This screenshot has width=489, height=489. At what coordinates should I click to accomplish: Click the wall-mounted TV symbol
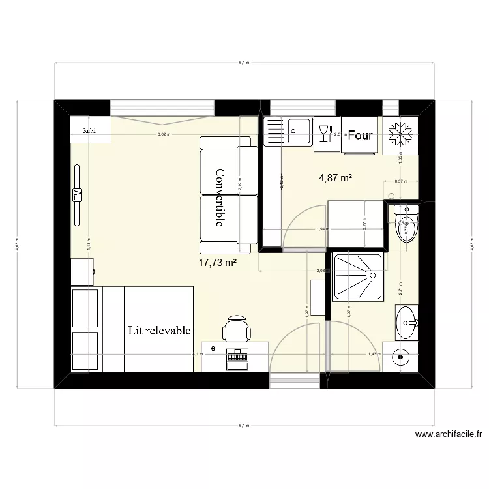pyautogui.click(x=78, y=195)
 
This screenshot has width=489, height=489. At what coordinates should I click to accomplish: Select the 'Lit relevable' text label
pyautogui.click(x=160, y=331)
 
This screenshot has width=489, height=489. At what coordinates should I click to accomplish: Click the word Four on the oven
pyautogui.click(x=360, y=136)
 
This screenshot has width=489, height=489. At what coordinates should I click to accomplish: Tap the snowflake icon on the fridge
pyautogui.click(x=400, y=133)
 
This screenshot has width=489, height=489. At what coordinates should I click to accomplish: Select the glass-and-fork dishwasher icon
pyautogui.click(x=324, y=133)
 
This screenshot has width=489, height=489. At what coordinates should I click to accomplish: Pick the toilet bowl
pyautogui.click(x=406, y=228)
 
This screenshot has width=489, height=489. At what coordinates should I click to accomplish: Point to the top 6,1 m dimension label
pyautogui.click(x=244, y=63)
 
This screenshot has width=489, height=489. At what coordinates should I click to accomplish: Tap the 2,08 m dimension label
pyautogui.click(x=321, y=271)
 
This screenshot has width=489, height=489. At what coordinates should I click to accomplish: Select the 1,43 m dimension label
pyautogui.click(x=373, y=354)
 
